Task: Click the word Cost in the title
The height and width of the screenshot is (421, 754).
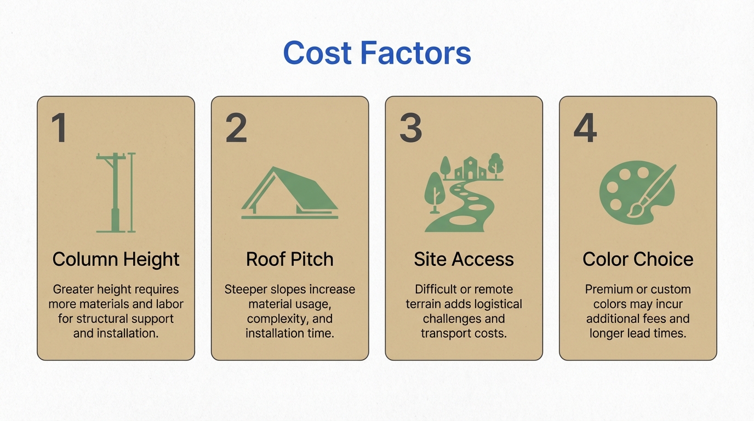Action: (317, 53)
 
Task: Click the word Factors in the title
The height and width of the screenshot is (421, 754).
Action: (415, 53)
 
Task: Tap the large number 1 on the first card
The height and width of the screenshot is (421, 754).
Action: (60, 128)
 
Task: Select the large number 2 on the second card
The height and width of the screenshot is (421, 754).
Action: (236, 128)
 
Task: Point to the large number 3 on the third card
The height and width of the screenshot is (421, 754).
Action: (410, 128)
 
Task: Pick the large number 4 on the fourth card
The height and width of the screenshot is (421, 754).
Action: (585, 128)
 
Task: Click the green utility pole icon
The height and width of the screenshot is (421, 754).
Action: (116, 192)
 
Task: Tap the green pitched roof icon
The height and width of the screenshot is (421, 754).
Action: (290, 193)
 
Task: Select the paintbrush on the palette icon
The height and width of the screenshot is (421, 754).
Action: (652, 191)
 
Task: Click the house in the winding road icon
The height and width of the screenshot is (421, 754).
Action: (470, 168)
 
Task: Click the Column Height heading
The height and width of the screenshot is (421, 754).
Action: (116, 259)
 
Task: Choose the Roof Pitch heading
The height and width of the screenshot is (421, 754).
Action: (290, 259)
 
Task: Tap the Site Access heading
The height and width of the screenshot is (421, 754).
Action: (464, 259)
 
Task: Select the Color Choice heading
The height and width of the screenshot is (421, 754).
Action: (638, 259)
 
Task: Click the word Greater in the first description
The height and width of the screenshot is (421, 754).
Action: (73, 289)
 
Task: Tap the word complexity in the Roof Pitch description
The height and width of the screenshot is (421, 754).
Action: (277, 319)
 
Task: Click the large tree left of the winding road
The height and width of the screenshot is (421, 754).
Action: (435, 192)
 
